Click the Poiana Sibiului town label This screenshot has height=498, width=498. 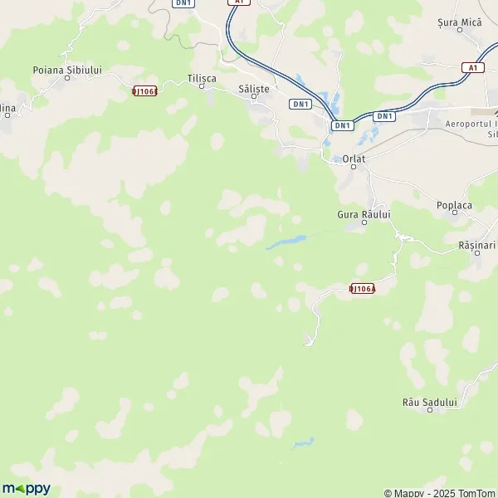click(x=66, y=71)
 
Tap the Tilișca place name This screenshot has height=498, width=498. click(x=202, y=77)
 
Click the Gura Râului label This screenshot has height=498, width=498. click(x=364, y=213)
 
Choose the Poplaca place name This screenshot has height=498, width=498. click(x=453, y=203)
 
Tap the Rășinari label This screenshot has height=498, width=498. click(x=476, y=246)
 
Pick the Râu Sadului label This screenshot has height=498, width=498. click(x=429, y=402)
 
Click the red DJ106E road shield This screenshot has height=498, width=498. click(x=144, y=90)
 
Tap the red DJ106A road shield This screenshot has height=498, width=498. click(x=362, y=288)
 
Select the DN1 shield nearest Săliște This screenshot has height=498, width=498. click(x=300, y=104)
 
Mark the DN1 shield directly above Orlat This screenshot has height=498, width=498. click(x=342, y=124)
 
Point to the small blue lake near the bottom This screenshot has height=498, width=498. click(x=302, y=442)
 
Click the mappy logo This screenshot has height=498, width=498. click(x=26, y=488)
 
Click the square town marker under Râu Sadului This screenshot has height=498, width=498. click(x=429, y=412)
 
